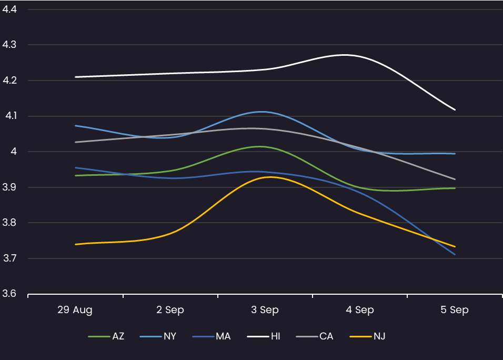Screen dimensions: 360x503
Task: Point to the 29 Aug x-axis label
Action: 75,310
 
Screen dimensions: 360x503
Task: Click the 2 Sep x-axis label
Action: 170,310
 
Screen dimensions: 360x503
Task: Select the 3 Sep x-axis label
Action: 265,310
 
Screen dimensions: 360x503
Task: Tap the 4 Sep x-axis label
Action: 360,310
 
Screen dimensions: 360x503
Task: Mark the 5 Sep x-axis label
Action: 455,310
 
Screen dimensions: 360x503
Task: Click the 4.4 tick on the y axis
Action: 9,9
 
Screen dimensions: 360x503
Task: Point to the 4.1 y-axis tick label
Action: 9,116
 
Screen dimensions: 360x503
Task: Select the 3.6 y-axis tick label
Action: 9,294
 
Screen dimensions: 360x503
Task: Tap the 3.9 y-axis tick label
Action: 9,187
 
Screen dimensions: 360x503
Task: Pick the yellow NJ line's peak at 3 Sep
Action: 270,177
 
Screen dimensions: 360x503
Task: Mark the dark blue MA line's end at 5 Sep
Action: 455,255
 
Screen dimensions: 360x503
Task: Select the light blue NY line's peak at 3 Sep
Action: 261,112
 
